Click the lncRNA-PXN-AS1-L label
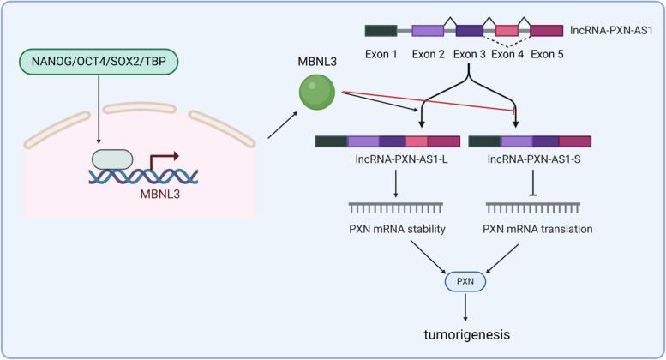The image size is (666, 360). click(x=377, y=159)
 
